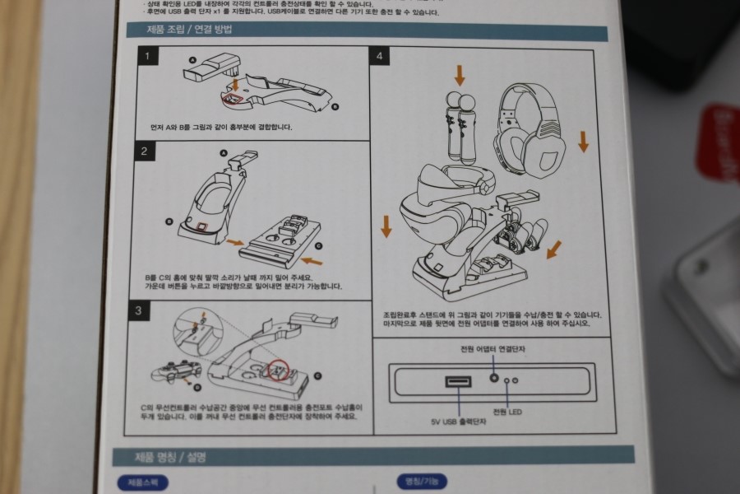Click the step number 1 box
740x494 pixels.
pos(146,57)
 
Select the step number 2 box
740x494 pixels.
pos(144,151)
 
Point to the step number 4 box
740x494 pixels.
pos(379,57)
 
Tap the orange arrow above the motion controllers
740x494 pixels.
pos(460,75)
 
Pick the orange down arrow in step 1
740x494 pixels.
pos(235,83)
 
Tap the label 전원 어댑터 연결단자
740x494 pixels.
pos(493,350)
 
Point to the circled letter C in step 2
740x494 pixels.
pos(318,245)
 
